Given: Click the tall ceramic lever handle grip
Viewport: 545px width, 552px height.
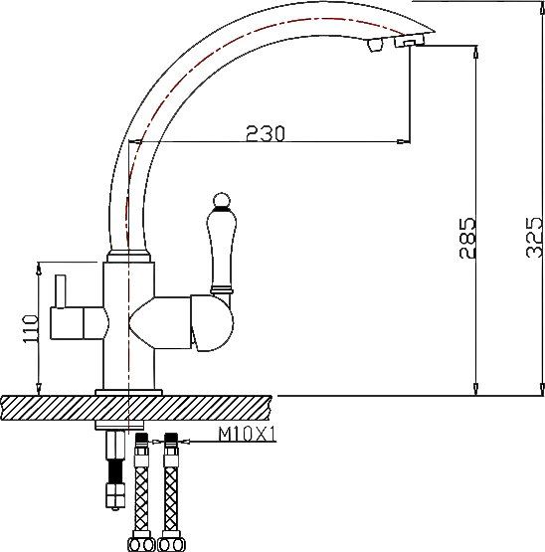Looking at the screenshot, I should pos(220,249).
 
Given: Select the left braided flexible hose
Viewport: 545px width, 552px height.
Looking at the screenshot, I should pos(143,487).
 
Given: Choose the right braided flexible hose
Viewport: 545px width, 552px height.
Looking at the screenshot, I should pos(172,487).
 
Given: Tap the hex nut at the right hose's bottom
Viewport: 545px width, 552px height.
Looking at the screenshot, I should pos(171,544).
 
